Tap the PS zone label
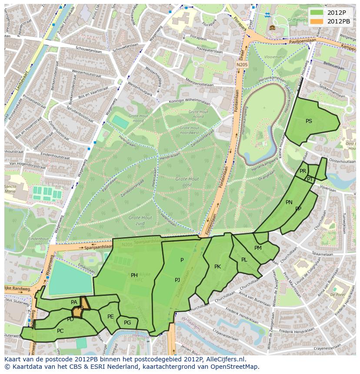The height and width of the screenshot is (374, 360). tap(309, 121)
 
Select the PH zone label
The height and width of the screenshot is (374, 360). tap(134, 275)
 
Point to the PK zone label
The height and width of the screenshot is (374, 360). tap(217, 267)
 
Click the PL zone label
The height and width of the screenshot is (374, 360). tap(244, 260)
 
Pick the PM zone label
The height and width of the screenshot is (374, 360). tap(258, 248)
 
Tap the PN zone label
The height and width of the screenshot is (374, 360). tap(289, 202)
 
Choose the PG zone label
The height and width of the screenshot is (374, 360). tap(127, 323)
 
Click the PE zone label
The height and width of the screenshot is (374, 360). tap(110, 317)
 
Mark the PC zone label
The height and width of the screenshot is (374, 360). tap(60, 331)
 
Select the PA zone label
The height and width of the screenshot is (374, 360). tap(74, 302)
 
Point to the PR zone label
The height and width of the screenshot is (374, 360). tap(303, 171)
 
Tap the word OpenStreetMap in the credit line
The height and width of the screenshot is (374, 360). tap(235, 367)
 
